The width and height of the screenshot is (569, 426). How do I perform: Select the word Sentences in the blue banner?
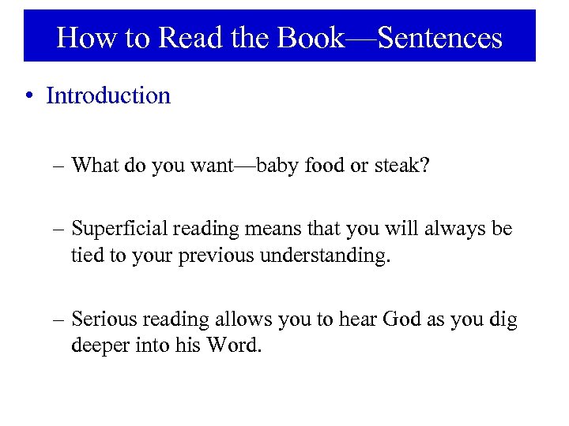click(x=440, y=37)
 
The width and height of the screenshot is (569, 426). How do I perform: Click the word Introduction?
click(x=108, y=95)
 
